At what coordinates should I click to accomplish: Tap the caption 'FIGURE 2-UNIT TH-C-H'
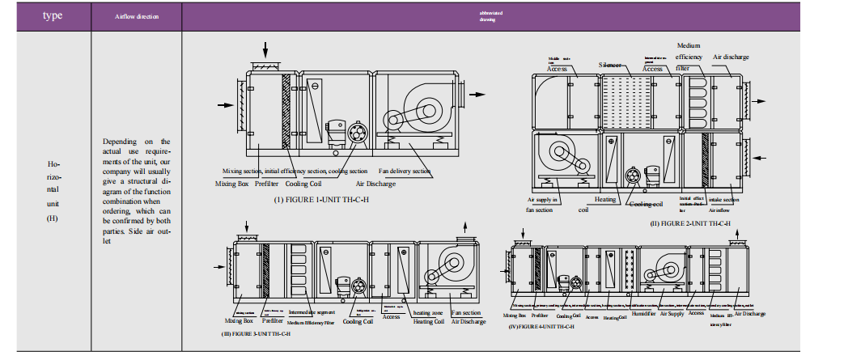pos(692,222)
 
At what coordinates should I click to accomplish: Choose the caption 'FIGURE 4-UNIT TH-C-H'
pos(543,326)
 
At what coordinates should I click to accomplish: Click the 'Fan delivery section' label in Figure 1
pos(405,172)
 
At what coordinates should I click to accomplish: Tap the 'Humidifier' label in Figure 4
pos(643,313)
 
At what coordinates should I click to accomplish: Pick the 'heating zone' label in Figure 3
pos(426,312)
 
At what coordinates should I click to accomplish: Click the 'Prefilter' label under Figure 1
pos(267,184)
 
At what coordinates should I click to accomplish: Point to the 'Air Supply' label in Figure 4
pos(672,313)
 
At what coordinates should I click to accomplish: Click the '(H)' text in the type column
pos(53,217)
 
